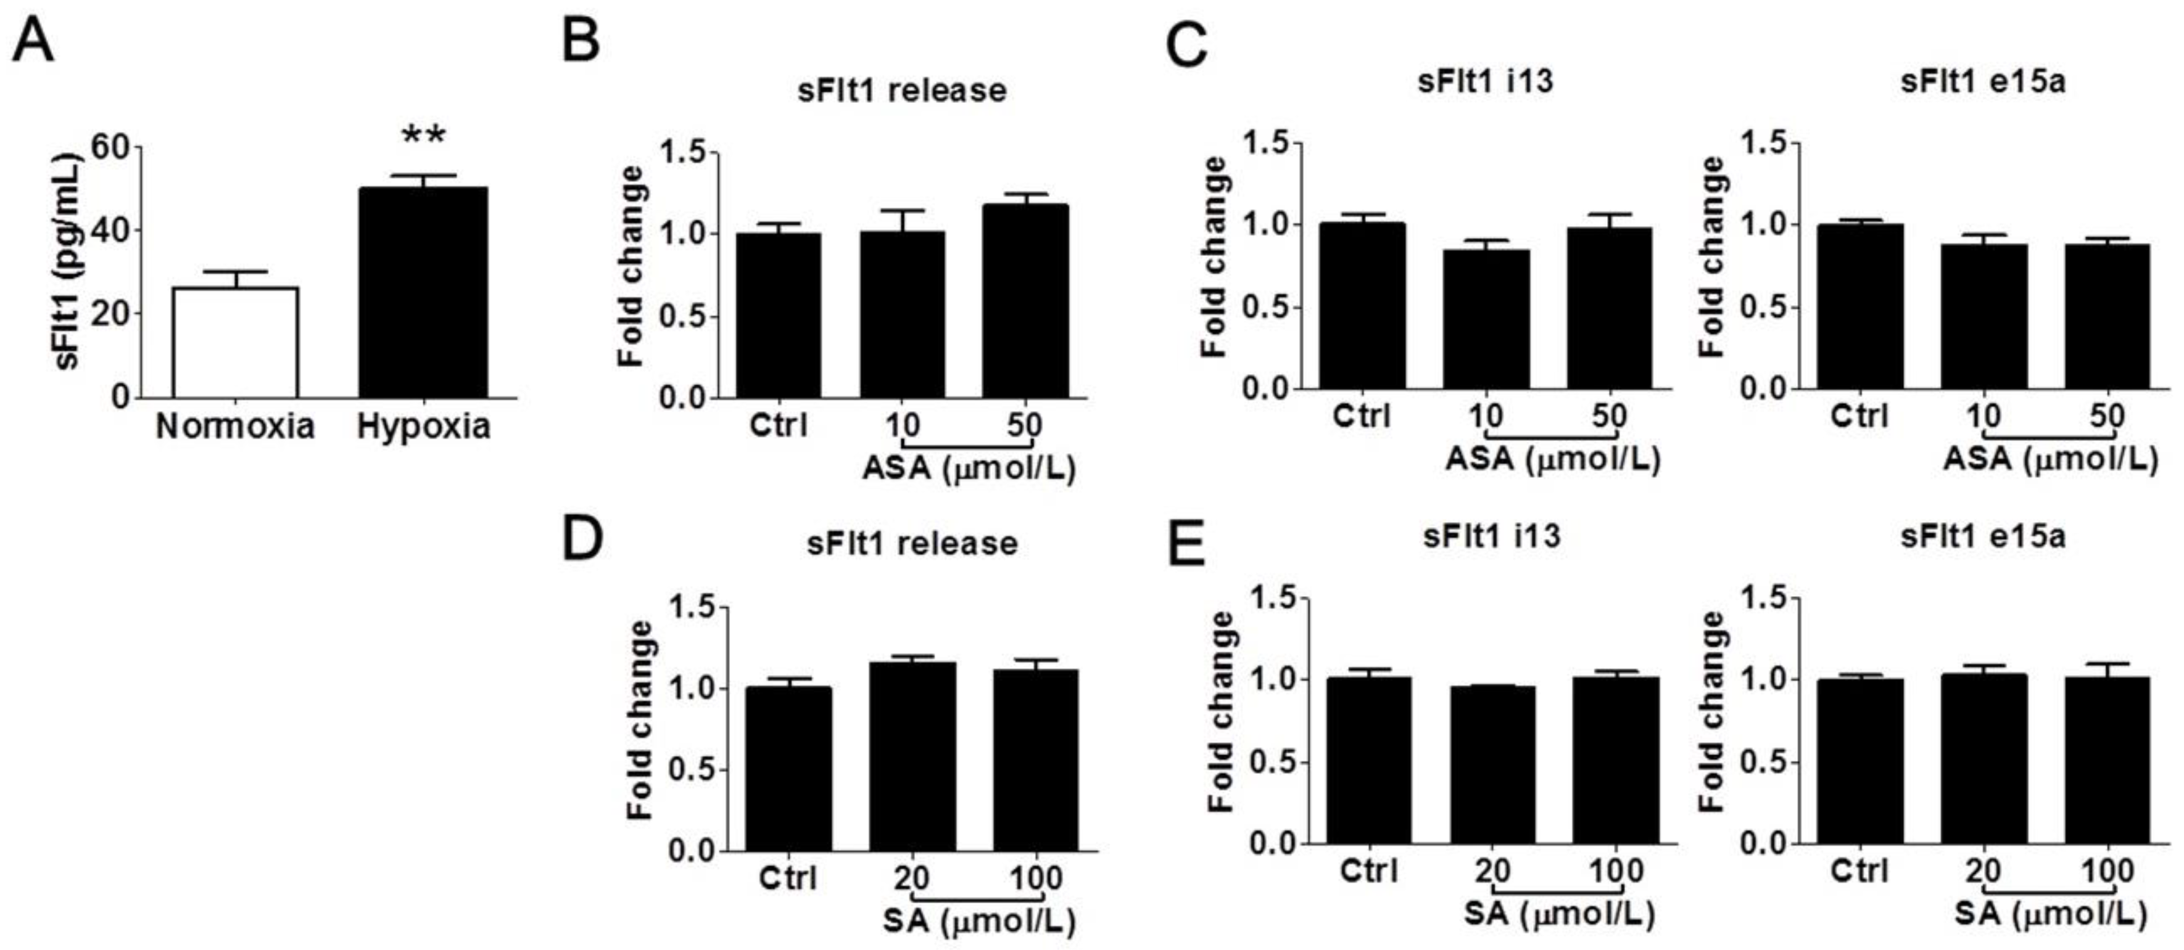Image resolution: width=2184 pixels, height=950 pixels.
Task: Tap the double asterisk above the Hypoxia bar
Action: [423, 136]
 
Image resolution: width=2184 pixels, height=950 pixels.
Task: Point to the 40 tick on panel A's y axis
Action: [111, 231]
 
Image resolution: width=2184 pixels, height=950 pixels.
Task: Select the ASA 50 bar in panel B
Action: [1025, 301]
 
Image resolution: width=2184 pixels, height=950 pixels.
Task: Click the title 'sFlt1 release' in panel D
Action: [911, 543]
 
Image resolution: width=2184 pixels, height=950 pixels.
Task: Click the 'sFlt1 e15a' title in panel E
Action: [1982, 536]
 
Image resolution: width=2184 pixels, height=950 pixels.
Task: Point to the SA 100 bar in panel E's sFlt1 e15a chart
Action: [2107, 760]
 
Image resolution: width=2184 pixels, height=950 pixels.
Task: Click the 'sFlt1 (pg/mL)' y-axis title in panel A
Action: [68, 262]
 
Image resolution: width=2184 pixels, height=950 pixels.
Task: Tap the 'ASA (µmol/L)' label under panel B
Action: [968, 468]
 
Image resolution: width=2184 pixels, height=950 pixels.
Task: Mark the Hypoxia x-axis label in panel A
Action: [423, 425]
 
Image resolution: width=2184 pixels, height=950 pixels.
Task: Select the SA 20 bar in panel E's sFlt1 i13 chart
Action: [1492, 764]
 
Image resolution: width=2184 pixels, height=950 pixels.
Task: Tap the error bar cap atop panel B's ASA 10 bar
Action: [902, 210]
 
